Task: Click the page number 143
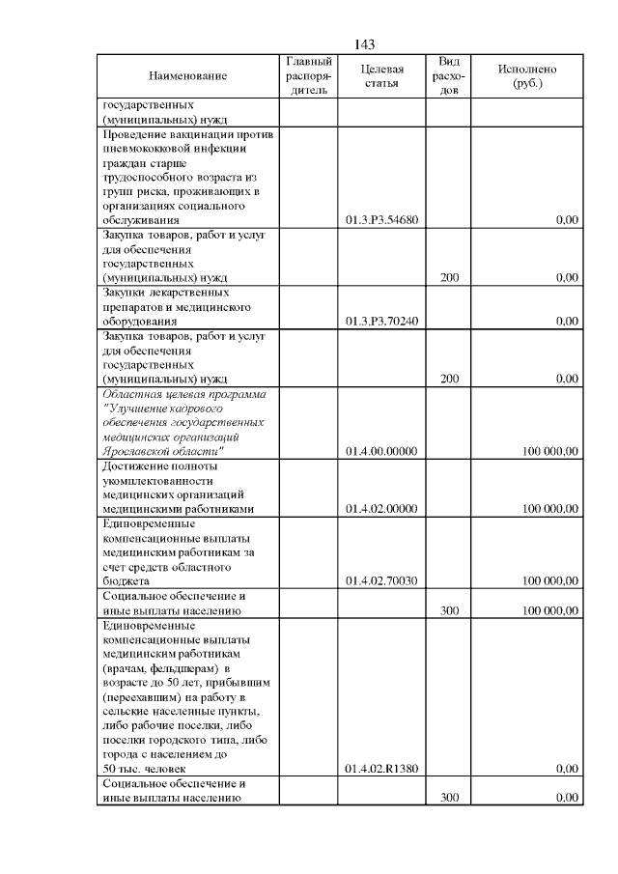click(364, 44)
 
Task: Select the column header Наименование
click(187, 76)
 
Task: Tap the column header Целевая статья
click(380, 76)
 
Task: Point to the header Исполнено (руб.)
click(526, 76)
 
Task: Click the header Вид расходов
click(449, 76)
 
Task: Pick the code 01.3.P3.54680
click(380, 220)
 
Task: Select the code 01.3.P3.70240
click(380, 322)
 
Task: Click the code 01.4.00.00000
click(380, 451)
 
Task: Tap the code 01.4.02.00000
click(380, 509)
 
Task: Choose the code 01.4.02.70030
click(380, 581)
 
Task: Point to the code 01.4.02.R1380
click(380, 769)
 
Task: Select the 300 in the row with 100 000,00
click(449, 610)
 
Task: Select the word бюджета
click(126, 581)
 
